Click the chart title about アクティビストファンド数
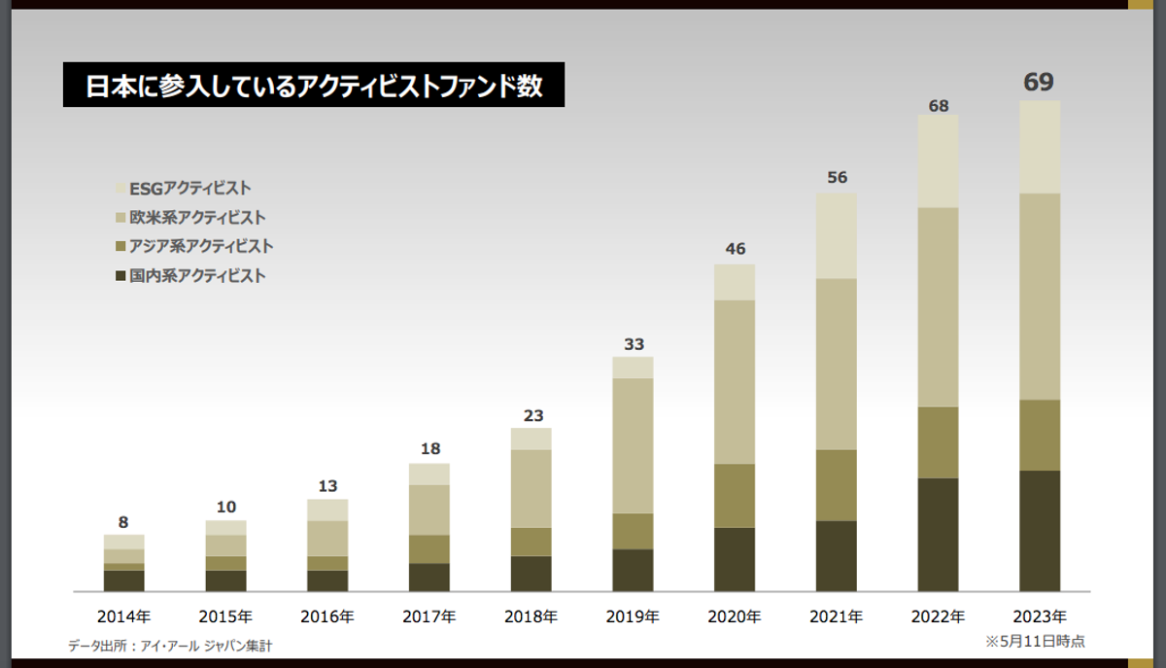coord(313,87)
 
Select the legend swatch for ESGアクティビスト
coord(120,189)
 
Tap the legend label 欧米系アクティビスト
coord(197,218)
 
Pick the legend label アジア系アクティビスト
coord(201,247)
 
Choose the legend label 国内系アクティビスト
coord(197,276)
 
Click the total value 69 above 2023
coord(1039,82)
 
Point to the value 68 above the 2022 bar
coord(938,104)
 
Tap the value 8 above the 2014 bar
coord(123,522)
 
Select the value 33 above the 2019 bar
coord(634,344)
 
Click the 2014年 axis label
coord(123,616)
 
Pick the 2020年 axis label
coord(735,616)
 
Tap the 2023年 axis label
coord(1040,616)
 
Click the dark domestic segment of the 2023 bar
coord(1040,531)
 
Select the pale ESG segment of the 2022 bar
coord(938,161)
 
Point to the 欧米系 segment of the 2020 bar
coord(735,381)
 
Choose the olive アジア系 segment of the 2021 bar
coord(837,485)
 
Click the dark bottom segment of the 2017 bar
coord(429,577)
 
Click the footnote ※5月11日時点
coord(1035,642)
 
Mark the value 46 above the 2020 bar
coord(735,249)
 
